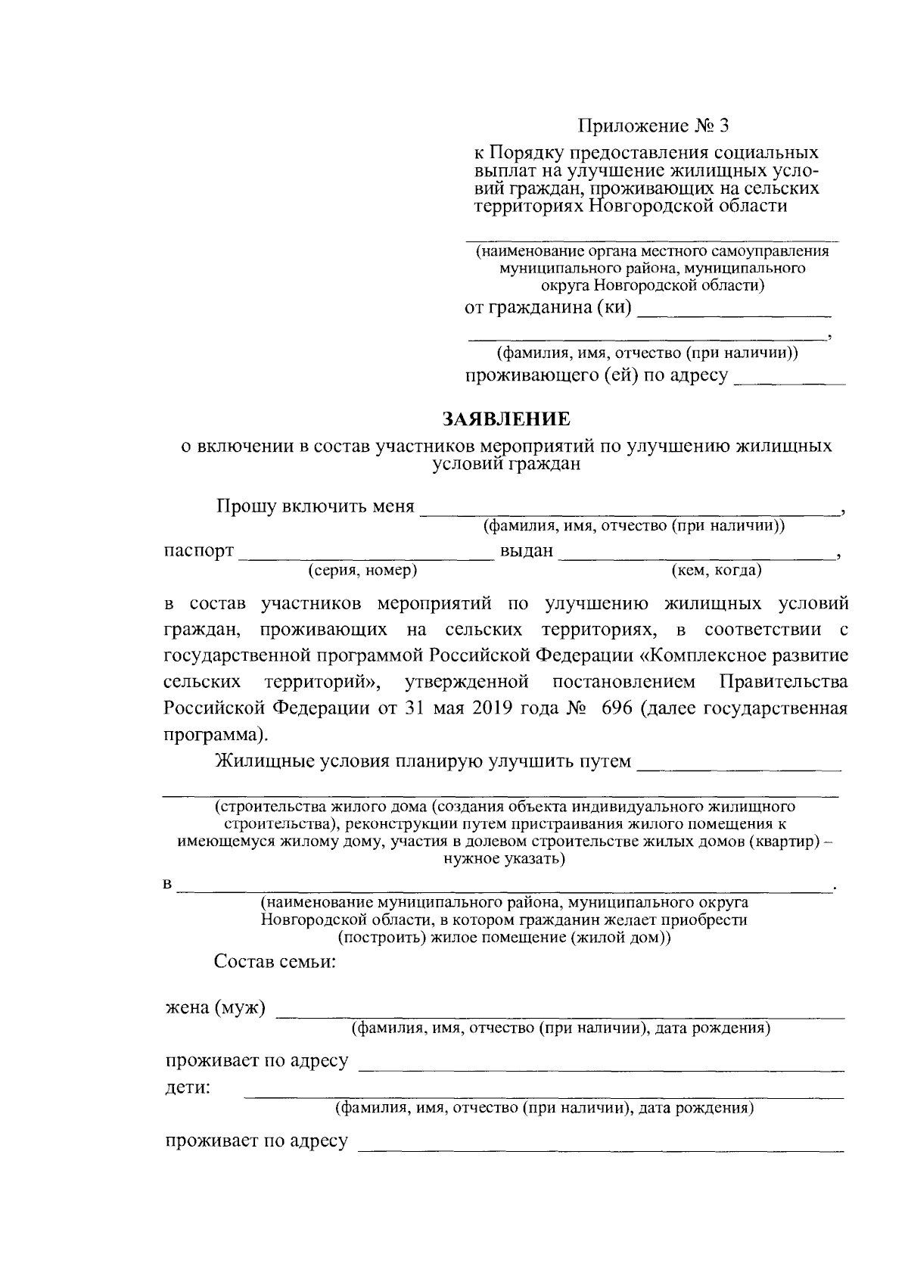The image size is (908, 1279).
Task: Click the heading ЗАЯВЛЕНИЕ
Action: (507, 419)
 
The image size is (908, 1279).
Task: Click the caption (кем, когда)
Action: (717, 570)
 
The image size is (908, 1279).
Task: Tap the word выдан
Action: (527, 550)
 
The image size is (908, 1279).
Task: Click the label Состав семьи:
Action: (275, 962)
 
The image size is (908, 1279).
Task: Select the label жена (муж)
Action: (216, 1008)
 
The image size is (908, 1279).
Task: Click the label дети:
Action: (188, 1088)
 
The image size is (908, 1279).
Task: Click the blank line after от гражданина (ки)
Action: (734, 313)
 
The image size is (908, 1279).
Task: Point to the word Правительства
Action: (783, 682)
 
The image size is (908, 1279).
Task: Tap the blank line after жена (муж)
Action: (560, 1014)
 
